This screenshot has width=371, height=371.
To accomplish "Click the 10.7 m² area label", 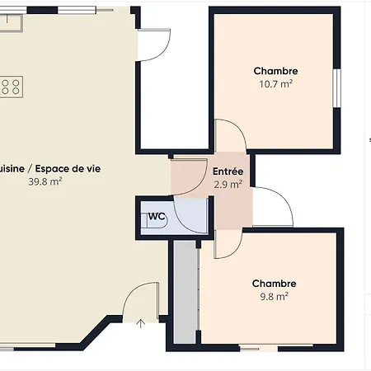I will click(x=275, y=83).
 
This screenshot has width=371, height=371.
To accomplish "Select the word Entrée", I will click(x=228, y=172).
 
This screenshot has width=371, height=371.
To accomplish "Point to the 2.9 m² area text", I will click(x=228, y=185).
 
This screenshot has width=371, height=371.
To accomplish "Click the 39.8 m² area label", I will click(x=45, y=181).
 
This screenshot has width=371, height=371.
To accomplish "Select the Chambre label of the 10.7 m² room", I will click(x=275, y=71).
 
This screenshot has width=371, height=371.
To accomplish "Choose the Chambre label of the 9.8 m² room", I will click(x=275, y=284).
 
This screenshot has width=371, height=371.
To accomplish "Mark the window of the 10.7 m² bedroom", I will click(x=336, y=87).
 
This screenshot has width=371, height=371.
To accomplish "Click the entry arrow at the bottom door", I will click(x=141, y=323).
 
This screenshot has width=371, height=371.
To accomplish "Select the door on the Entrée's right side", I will click(x=270, y=206).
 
